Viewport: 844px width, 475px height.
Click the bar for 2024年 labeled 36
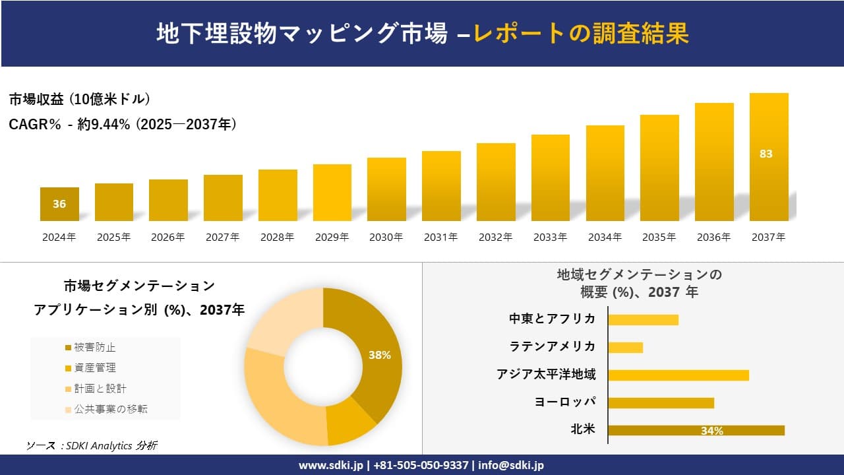pyautogui.click(x=59, y=204)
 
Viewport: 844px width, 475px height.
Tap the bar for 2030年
pyautogui.click(x=386, y=189)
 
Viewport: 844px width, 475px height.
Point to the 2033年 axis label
pyautogui.click(x=550, y=237)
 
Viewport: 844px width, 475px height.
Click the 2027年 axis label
pyautogui.click(x=222, y=237)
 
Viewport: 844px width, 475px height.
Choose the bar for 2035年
pyautogui.click(x=659, y=168)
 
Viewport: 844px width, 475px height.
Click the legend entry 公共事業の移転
pyautogui.click(x=105, y=409)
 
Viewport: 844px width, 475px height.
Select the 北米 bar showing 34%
pyautogui.click(x=696, y=430)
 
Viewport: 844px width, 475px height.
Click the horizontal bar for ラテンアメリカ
pyautogui.click(x=625, y=347)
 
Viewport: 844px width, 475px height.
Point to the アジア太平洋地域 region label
pyautogui.click(x=546, y=375)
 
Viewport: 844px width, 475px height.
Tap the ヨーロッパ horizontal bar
pyautogui.click(x=661, y=402)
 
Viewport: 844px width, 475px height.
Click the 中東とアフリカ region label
pyautogui.click(x=552, y=319)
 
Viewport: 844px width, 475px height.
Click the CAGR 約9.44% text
pyautogui.click(x=123, y=124)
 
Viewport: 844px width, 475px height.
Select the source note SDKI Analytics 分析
pyautogui.click(x=92, y=445)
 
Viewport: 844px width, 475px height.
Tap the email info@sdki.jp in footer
pyautogui.click(x=511, y=465)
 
